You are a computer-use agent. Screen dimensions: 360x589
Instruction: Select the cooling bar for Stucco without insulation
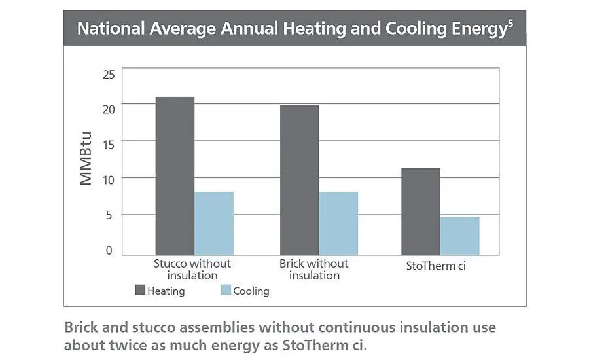coord(214,223)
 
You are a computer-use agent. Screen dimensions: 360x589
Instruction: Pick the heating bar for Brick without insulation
coord(299,180)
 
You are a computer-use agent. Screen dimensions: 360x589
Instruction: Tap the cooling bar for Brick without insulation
coord(338,223)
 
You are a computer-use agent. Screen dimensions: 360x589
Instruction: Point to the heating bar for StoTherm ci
coord(420,211)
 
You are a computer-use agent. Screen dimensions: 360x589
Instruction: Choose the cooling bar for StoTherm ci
coord(459,236)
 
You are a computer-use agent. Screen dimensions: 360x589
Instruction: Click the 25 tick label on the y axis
coord(109,74)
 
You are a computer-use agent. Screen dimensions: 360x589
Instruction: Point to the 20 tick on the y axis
coord(109,109)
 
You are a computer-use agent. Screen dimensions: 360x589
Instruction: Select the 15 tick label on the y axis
coord(109,144)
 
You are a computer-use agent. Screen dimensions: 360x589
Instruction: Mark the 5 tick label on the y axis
coord(110,215)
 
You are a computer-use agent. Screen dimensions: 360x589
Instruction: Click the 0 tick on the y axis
coord(110,251)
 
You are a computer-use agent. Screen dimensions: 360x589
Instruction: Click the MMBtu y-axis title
coord(86,159)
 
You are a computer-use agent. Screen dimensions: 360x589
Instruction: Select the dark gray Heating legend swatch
coord(140,290)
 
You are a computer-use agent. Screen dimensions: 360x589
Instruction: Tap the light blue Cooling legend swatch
coord(226,290)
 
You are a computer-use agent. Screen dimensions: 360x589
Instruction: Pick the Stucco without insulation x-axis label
coord(192,270)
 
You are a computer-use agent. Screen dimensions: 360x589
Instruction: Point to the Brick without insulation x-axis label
coord(314,270)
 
